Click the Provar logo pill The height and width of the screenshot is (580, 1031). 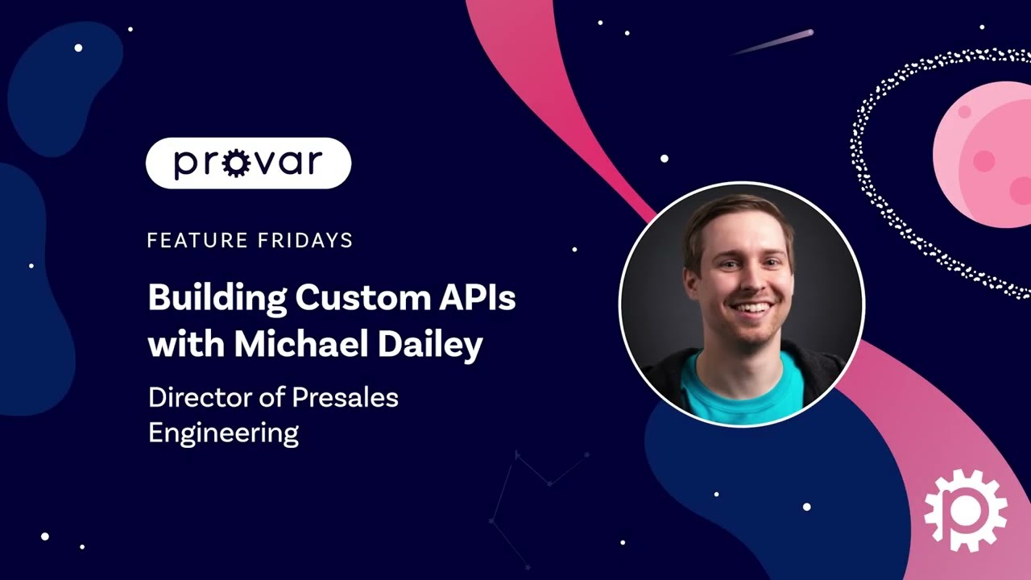(248, 164)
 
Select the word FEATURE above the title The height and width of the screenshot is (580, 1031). (187, 240)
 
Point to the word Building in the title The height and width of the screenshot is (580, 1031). (217, 299)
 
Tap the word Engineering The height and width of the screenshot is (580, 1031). (223, 433)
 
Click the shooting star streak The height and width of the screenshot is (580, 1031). (773, 42)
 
